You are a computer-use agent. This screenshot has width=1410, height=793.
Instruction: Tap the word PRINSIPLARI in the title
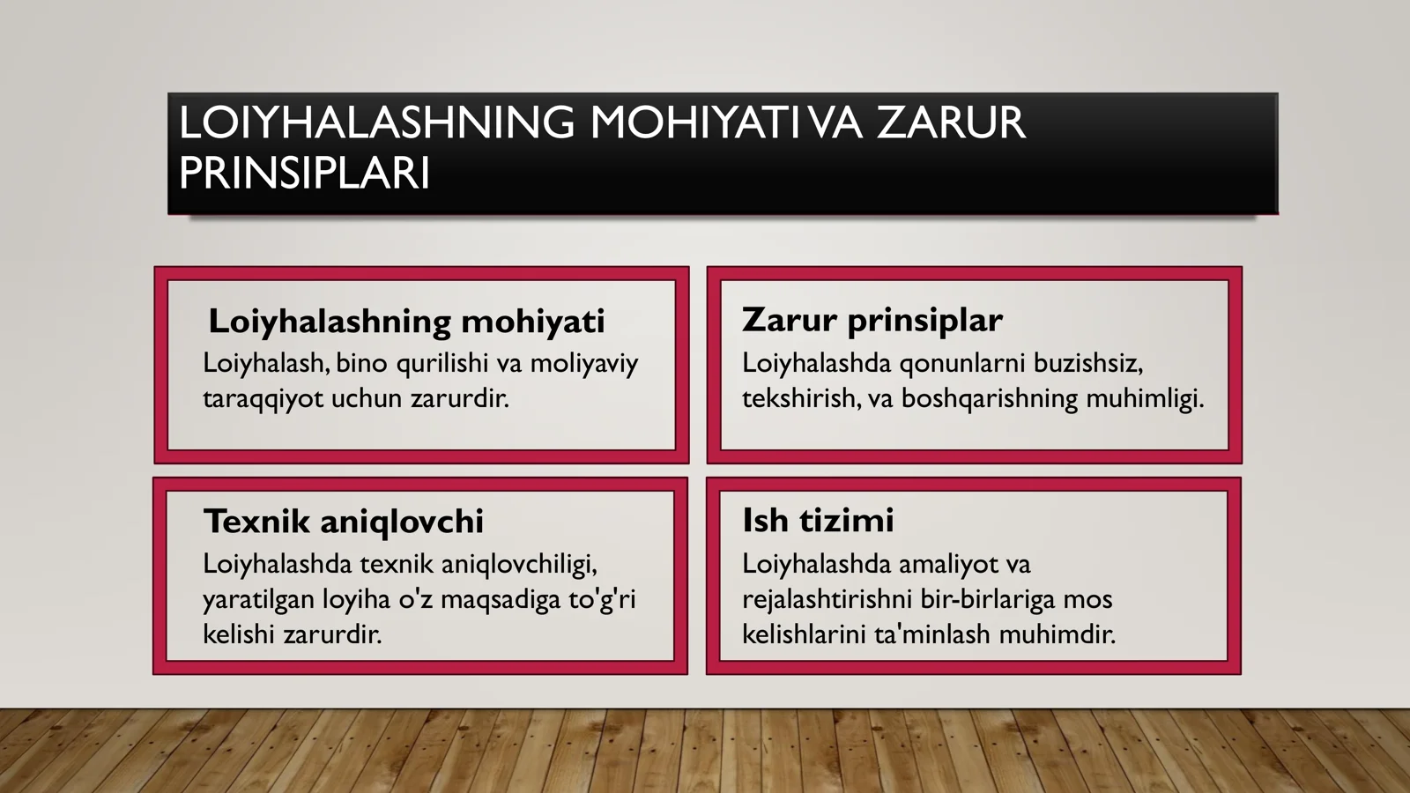pos(304,173)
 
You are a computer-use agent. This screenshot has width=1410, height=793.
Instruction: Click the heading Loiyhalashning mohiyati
pos(406,322)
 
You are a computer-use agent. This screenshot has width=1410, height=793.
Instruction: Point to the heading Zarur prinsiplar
pos(872,320)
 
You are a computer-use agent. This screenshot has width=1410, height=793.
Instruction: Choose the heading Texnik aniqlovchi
pos(344,522)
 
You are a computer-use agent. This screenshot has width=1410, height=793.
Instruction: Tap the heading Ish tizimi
pos(818,520)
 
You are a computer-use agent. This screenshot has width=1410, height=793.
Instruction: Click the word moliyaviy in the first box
pos(583,364)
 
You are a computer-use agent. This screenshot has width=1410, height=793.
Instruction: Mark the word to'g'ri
pos(602,600)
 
